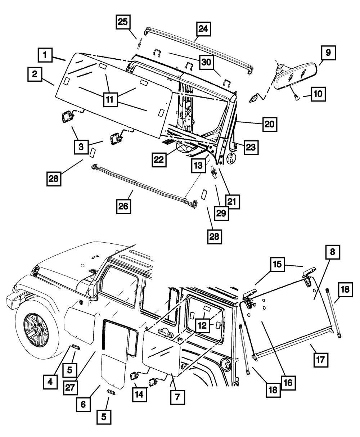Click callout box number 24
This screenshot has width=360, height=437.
pos(204,29)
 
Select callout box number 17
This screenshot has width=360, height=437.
pos(320,359)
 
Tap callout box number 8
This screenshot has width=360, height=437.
pos(333,252)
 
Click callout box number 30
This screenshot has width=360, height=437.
pos(206,62)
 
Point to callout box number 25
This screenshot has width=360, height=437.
pos(123,22)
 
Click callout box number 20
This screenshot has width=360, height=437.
pos(270,125)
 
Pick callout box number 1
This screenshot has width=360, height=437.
pos(45,55)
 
